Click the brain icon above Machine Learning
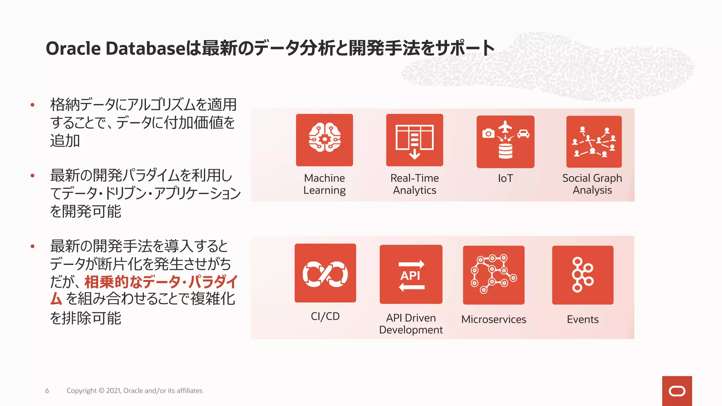(x=324, y=138)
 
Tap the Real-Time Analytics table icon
(x=415, y=140)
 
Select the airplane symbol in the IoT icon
(x=506, y=127)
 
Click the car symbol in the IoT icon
(x=523, y=134)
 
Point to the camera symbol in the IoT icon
(x=488, y=134)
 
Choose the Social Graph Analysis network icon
(x=594, y=142)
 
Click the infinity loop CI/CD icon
(x=325, y=273)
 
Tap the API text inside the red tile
(x=410, y=276)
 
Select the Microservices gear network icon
(x=494, y=275)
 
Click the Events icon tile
(x=582, y=275)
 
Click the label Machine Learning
(x=324, y=184)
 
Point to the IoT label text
(x=505, y=178)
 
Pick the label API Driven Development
(x=411, y=324)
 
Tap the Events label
(x=582, y=319)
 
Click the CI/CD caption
(x=325, y=316)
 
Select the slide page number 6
(x=47, y=390)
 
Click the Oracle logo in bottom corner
(x=677, y=391)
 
